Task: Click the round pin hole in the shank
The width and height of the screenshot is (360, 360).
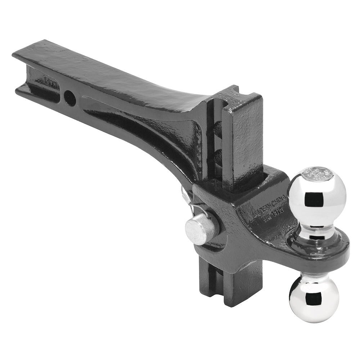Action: pyautogui.click(x=70, y=97)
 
